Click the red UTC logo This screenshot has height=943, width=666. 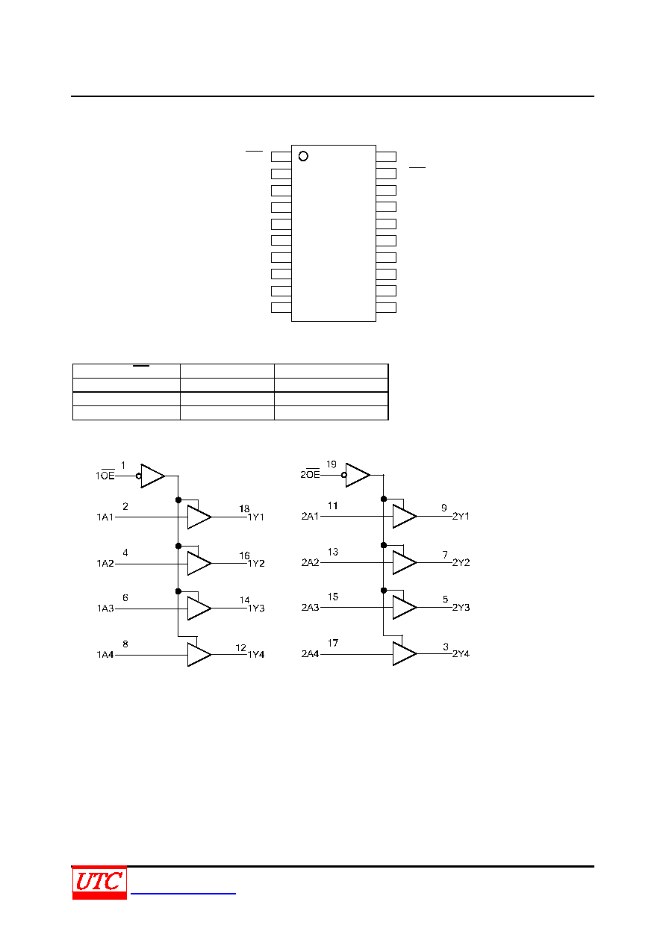click(99, 882)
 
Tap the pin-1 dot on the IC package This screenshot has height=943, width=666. click(303, 156)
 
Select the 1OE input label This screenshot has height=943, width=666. click(105, 476)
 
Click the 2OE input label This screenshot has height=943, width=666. click(311, 474)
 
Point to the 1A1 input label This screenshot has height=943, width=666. click(105, 517)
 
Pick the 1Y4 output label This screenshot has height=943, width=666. click(256, 655)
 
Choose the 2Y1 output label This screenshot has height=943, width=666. click(461, 516)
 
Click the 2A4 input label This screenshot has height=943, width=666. click(311, 654)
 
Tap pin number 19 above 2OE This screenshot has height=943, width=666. click(332, 464)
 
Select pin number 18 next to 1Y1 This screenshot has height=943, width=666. click(244, 508)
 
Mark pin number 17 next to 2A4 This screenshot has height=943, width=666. click(333, 643)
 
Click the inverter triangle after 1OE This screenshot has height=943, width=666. click(152, 476)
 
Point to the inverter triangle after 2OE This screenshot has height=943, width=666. click(358, 476)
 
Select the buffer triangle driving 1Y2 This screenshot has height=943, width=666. click(199, 563)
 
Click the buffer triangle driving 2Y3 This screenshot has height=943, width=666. click(405, 607)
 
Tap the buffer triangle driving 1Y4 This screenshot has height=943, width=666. click(199, 655)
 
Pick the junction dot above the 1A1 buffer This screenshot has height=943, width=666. click(178, 500)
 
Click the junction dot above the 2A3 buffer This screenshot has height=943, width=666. click(384, 591)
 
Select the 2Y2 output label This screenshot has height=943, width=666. click(461, 562)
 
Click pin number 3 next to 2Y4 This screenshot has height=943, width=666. click(446, 646)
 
